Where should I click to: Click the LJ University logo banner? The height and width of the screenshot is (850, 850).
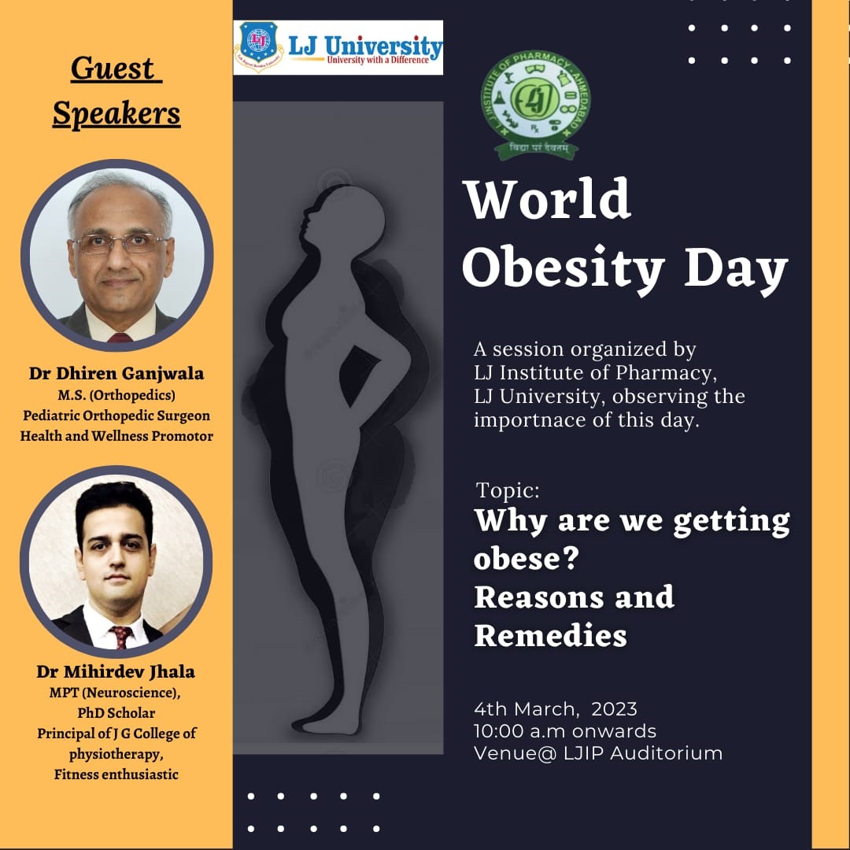(338, 47)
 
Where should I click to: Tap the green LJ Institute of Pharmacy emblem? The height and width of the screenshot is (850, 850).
(543, 104)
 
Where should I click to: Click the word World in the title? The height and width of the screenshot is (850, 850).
(548, 200)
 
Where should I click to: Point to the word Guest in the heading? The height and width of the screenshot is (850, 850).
(116, 68)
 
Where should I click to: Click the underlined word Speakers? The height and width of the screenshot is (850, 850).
(116, 114)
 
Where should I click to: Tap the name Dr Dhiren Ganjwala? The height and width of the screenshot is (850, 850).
(116, 374)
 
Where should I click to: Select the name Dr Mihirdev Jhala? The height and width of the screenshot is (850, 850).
(116, 672)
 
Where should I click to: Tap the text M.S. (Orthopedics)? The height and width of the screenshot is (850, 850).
(116, 394)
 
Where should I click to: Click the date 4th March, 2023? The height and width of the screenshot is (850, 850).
(555, 709)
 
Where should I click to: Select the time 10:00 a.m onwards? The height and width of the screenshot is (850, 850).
(564, 731)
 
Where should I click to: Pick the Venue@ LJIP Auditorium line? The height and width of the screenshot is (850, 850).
(597, 753)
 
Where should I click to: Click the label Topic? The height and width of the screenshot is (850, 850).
(508, 491)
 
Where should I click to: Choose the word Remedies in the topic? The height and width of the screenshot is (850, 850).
(550, 634)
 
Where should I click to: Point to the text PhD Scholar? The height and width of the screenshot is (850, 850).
(116, 713)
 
